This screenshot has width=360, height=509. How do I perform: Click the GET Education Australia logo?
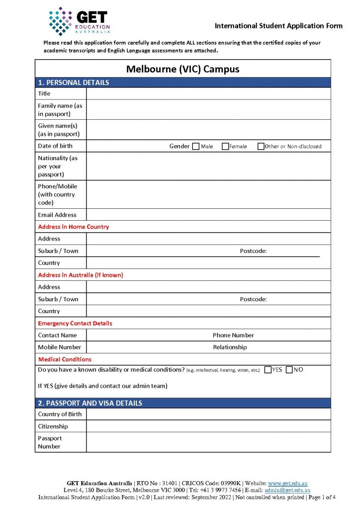click(80, 21)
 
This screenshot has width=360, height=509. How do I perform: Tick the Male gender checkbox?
click(196, 146)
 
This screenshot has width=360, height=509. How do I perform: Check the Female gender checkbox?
click(225, 146)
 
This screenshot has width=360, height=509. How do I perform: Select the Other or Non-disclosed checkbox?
click(261, 146)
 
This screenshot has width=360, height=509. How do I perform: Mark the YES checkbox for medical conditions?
click(268, 370)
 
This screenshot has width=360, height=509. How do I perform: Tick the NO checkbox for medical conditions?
click(289, 370)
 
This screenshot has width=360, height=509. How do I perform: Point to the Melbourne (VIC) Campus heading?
click(182, 69)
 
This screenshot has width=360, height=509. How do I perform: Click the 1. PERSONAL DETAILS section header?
click(74, 83)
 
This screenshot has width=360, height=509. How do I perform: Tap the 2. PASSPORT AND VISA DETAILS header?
click(90, 403)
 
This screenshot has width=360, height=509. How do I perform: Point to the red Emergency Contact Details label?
click(75, 323)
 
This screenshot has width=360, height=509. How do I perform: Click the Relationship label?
click(230, 347)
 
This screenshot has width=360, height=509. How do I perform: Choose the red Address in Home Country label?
click(74, 227)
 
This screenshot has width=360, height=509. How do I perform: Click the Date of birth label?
click(55, 146)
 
